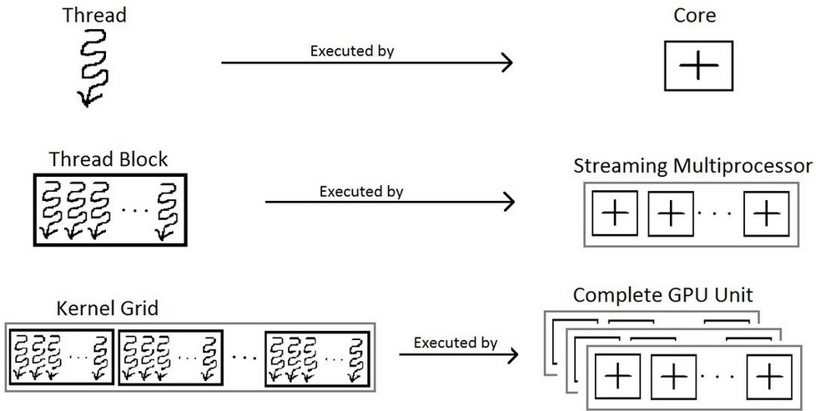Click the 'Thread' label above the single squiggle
[x=94, y=14]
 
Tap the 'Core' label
[x=695, y=15]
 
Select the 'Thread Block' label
[x=108, y=159]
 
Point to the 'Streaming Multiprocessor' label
[x=693, y=166]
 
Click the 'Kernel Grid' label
[x=107, y=308]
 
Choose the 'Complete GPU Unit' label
[x=662, y=295]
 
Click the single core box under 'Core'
[x=698, y=66]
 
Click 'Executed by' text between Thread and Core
[x=352, y=51]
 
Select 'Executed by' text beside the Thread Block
[x=361, y=192]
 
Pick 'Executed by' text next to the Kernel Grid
[x=456, y=343]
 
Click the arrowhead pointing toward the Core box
[x=506, y=63]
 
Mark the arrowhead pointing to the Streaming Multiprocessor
[x=508, y=202]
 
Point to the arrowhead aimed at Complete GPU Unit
[x=511, y=355]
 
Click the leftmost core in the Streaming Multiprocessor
[x=615, y=213]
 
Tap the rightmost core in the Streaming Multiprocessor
[x=766, y=213]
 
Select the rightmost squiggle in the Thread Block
[x=168, y=211]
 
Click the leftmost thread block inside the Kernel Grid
[x=61, y=358]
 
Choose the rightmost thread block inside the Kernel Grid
[x=317, y=358]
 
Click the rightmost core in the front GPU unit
[x=769, y=377]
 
